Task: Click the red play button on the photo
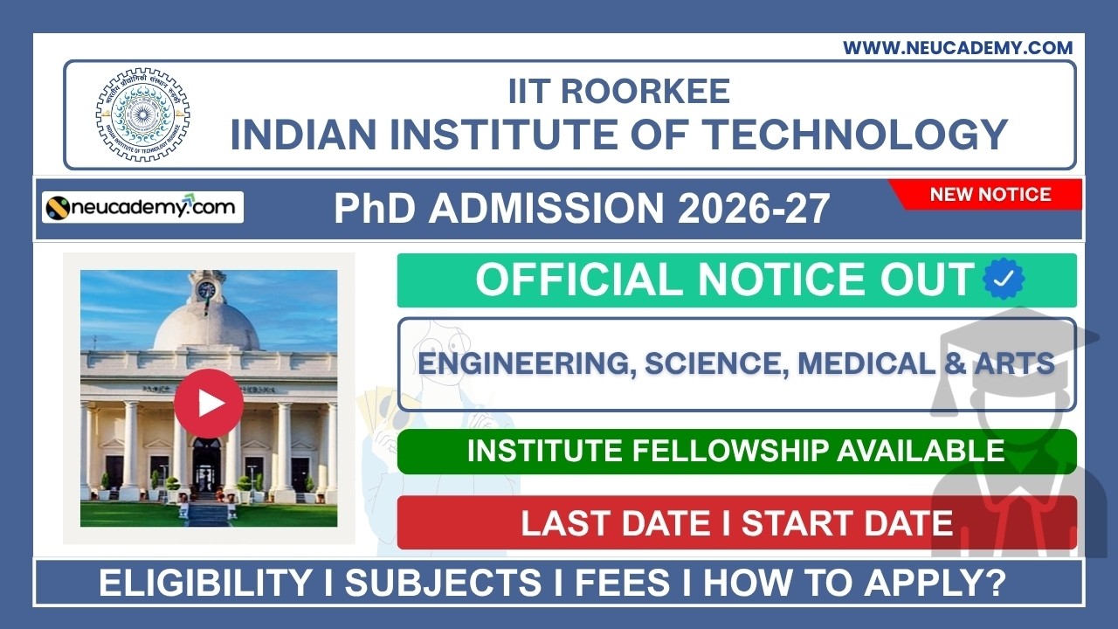pos(209,403)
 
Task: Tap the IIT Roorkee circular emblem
pos(142,114)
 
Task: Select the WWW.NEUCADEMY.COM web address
pos(957,48)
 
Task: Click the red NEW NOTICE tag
pos(990,195)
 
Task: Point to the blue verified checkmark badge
pos(1004,280)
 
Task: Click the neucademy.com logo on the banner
pos(143,208)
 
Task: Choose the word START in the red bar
pos(790,522)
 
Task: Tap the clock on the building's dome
pos(207,289)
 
